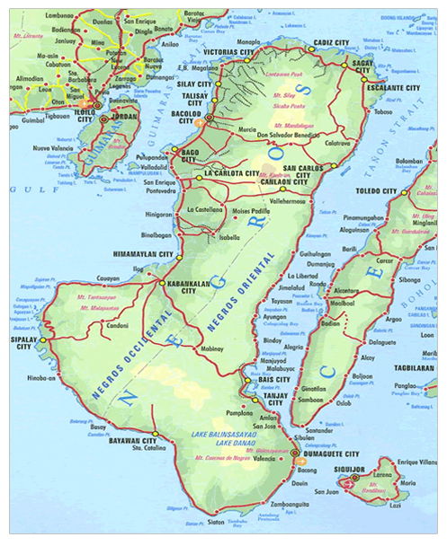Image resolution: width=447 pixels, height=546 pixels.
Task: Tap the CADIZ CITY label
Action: click(x=330, y=43)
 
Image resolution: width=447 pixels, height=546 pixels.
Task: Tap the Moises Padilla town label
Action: click(x=250, y=211)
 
